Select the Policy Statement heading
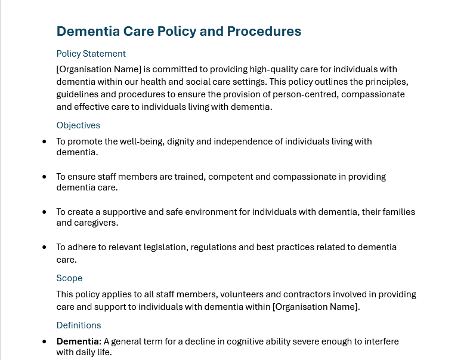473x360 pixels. (91, 54)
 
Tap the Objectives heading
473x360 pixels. (78, 125)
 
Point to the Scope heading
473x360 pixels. (69, 278)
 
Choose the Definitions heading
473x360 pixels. (79, 325)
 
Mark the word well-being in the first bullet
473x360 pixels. (139, 141)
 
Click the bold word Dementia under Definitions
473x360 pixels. (78, 341)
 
